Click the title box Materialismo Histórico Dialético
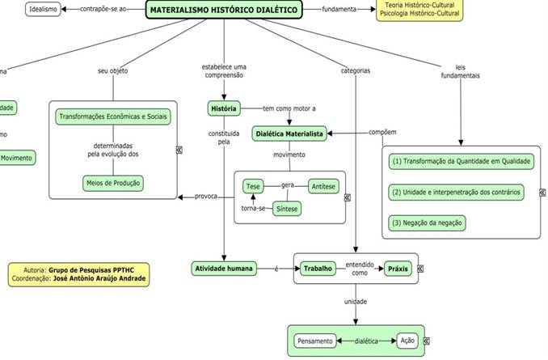223,11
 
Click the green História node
223,108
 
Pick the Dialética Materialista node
289,133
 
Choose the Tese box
252,186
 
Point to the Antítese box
323,186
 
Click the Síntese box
286,209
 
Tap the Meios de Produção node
113,183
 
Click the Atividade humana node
223,268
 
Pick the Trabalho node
317,268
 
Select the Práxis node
397,268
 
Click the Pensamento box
314,341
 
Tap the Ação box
407,341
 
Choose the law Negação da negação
428,222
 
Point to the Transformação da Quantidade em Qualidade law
461,161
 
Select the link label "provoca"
206,196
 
